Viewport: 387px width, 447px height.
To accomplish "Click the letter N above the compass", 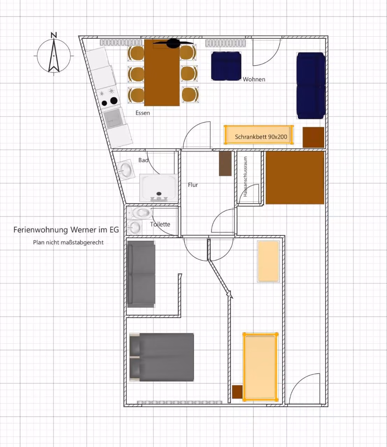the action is [x=54, y=35].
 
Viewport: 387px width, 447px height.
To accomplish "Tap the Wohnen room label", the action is [x=254, y=79].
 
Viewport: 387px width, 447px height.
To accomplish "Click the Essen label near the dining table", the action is [x=143, y=113].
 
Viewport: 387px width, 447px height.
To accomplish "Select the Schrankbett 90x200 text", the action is [x=261, y=137].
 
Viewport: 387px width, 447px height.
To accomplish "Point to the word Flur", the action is [x=193, y=185].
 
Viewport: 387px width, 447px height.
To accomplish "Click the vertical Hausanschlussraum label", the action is [x=245, y=177].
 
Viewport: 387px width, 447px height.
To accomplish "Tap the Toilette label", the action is [x=160, y=224].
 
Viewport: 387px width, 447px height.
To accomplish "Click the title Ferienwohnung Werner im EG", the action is [x=66, y=230].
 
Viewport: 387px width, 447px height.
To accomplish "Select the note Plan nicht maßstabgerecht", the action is [x=68, y=242].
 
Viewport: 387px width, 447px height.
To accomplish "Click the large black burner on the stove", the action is [x=114, y=101].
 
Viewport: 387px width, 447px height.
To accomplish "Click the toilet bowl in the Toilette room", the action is [x=142, y=213].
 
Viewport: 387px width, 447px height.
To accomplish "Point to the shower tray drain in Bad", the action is [x=159, y=193].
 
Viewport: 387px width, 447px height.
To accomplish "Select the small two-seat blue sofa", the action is [x=226, y=66].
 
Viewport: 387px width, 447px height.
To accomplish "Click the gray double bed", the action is [x=162, y=357].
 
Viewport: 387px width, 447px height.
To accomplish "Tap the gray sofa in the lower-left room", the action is [x=141, y=274].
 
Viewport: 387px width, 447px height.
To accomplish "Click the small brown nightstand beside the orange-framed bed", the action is [x=237, y=391].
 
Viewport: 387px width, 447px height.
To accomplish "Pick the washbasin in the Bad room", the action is [x=125, y=169].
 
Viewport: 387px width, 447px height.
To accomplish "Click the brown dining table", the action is [x=162, y=73].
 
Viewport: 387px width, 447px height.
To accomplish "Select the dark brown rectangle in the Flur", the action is [x=225, y=163].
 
